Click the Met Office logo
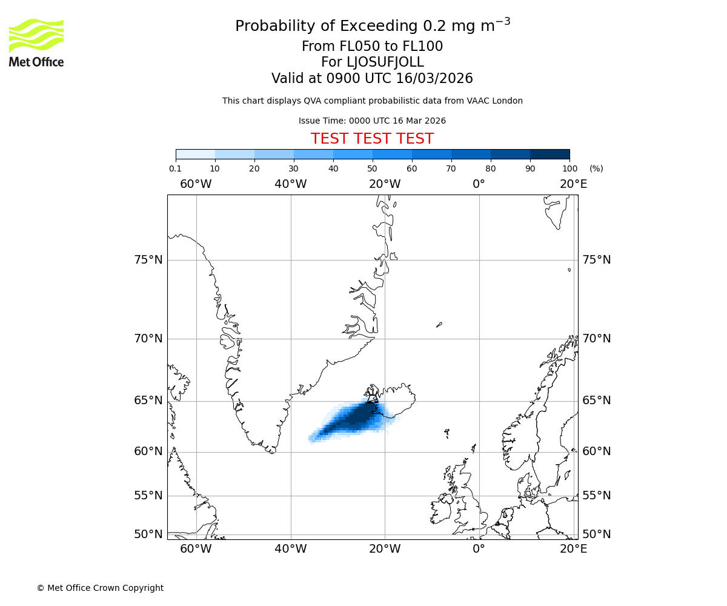(36, 42)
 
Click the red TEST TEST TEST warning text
(372, 139)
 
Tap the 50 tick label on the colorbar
(372, 169)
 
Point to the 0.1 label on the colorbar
(175, 169)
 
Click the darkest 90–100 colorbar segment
(549, 154)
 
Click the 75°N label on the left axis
(148, 260)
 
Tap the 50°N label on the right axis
(597, 534)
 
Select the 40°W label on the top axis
(290, 184)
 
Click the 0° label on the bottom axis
(479, 549)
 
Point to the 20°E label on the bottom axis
(573, 549)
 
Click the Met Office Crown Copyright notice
(100, 588)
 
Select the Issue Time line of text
(372, 121)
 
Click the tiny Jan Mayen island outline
(439, 325)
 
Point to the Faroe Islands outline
(446, 433)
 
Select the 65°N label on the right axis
(597, 401)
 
